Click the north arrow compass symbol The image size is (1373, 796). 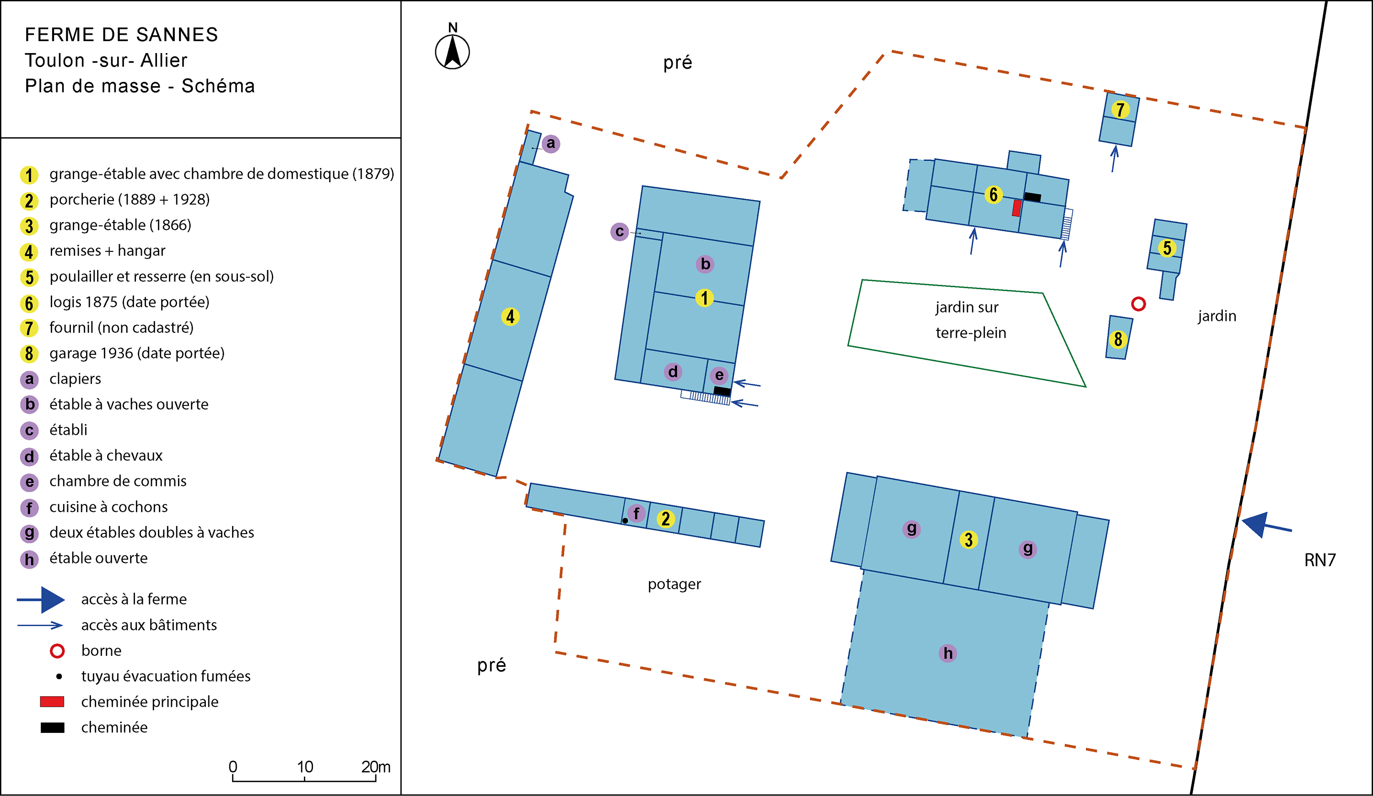[452, 51]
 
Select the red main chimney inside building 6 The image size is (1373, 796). [1016, 207]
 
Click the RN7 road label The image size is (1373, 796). [1319, 560]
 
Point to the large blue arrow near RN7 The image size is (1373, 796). [1265, 525]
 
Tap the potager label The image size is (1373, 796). [674, 585]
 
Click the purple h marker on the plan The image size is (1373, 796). [948, 653]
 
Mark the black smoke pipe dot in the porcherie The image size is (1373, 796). [625, 521]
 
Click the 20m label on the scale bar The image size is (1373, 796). [376, 767]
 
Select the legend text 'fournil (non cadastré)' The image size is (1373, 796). [121, 327]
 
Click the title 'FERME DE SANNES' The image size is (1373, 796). [121, 35]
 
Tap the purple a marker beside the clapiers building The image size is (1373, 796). [551, 144]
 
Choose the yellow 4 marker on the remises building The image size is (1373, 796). [510, 317]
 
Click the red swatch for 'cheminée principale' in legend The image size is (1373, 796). [52, 702]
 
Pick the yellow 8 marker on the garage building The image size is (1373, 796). [1118, 340]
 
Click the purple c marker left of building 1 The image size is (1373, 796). [620, 232]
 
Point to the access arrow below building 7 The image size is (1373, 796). [1114, 158]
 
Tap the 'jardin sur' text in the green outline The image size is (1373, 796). [967, 307]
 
